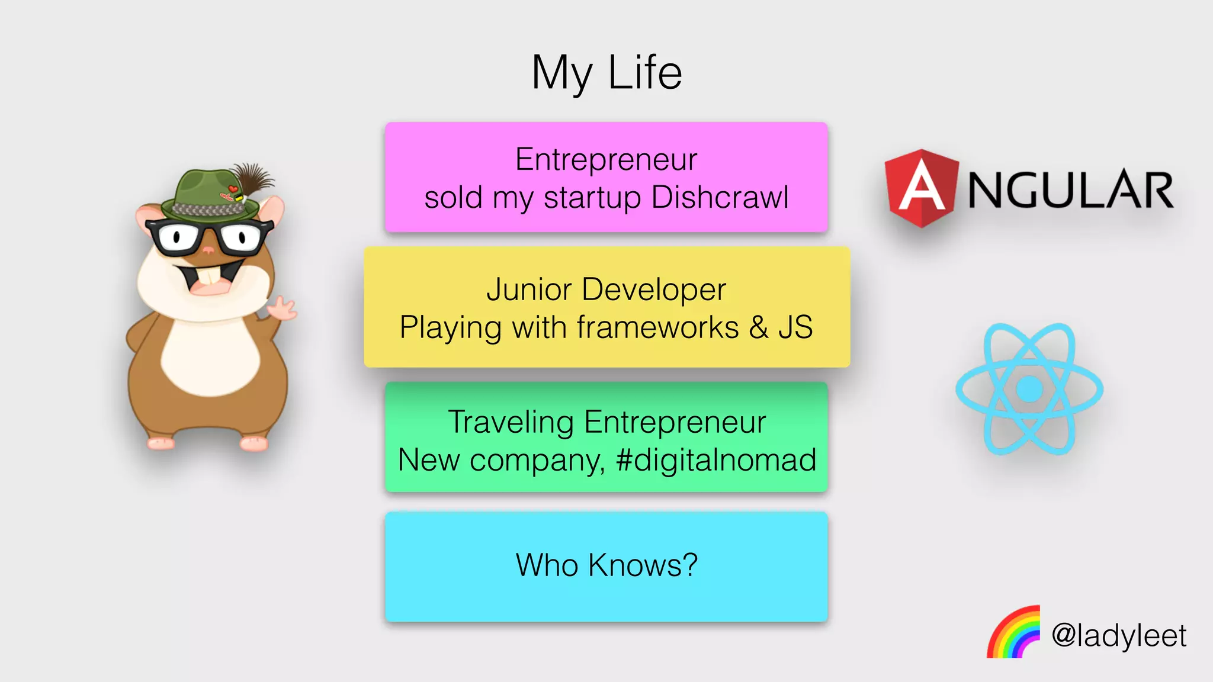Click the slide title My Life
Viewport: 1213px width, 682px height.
click(606, 73)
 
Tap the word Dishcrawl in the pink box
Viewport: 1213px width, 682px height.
click(720, 197)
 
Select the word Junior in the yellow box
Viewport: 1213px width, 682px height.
click(529, 290)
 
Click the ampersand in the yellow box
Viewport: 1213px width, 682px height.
click(758, 327)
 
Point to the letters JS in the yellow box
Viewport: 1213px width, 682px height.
click(795, 327)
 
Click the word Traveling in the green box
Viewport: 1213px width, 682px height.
click(511, 422)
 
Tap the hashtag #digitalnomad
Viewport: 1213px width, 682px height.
click(715, 460)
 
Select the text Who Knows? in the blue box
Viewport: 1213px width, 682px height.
click(606, 565)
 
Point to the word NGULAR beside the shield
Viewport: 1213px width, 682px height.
click(1070, 190)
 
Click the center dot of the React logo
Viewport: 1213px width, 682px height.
click(1029, 389)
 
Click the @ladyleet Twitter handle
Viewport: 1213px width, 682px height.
click(1119, 636)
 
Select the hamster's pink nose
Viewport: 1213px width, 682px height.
click(208, 250)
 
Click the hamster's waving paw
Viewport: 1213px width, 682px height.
click(283, 308)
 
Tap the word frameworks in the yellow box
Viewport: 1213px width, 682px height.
click(657, 327)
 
